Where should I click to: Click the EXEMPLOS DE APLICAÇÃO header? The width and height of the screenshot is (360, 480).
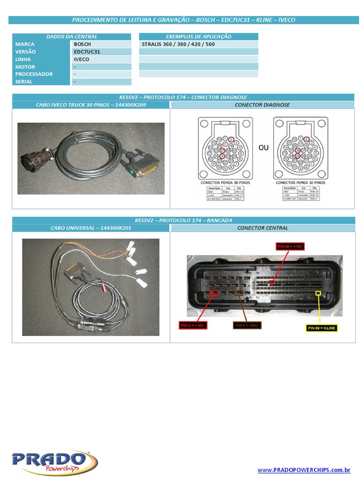coord(198,37)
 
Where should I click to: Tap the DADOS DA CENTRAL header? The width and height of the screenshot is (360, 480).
coord(72,37)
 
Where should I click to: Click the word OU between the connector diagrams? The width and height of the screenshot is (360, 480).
coord(263,148)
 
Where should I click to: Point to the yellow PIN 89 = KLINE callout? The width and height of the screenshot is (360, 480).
coord(322,328)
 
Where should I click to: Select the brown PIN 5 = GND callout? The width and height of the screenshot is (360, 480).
coord(247,325)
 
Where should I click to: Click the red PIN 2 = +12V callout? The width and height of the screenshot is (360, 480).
coord(192,325)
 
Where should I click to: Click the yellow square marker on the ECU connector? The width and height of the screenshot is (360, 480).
coord(319,294)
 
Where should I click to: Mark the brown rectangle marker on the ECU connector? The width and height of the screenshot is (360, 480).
coord(239,293)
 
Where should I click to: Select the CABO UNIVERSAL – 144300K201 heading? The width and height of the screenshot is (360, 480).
coord(91,228)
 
